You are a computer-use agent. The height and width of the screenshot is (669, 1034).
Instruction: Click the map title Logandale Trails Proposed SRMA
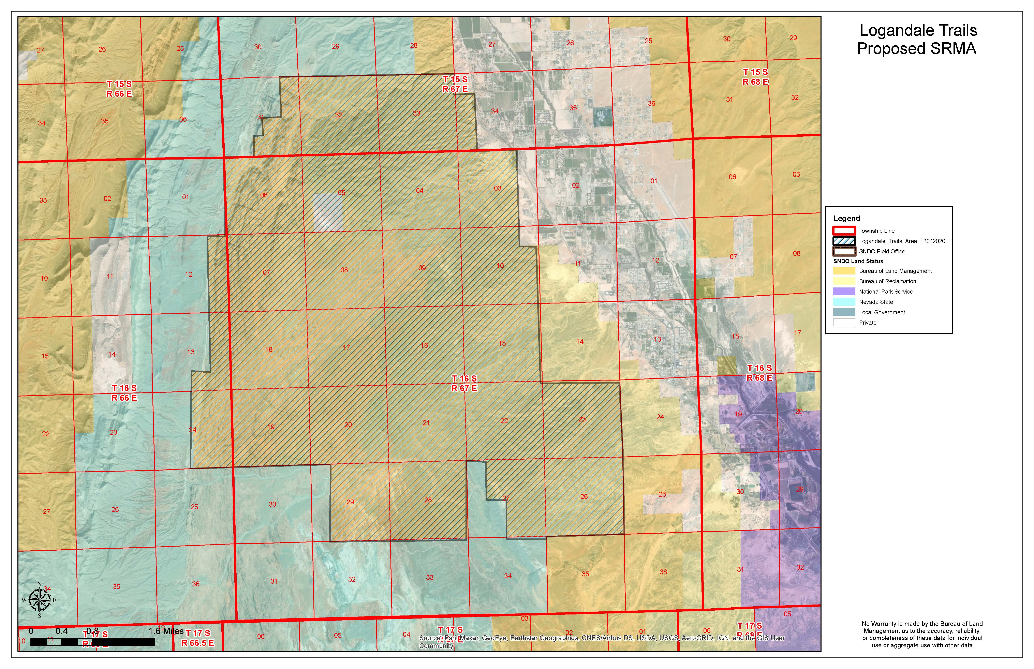(x=918, y=40)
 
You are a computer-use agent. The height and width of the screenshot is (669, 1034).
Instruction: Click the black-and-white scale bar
(x=92, y=642)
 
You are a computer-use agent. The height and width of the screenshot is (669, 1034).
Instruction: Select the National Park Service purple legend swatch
(x=844, y=292)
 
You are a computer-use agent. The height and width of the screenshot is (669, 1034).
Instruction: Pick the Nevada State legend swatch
(x=844, y=302)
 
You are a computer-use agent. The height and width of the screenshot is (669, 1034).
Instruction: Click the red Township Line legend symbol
(x=844, y=231)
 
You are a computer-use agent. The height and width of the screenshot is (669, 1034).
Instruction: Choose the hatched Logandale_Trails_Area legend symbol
(x=844, y=241)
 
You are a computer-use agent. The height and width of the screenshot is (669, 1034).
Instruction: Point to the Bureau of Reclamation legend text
(x=887, y=281)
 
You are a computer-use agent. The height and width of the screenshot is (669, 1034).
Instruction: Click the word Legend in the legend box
(x=846, y=219)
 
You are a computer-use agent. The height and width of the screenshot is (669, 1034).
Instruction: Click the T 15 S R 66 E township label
(x=119, y=89)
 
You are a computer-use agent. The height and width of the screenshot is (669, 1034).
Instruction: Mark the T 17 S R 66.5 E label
(x=198, y=638)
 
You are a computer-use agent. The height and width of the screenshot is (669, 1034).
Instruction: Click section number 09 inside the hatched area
(x=422, y=268)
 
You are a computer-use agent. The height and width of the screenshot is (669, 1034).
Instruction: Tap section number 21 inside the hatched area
(x=426, y=423)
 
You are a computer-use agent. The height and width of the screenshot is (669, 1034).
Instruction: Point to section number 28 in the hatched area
(x=428, y=500)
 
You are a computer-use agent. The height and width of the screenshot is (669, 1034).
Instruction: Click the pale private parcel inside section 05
(x=328, y=212)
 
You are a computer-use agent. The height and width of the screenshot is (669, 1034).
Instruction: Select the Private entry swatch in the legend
(x=844, y=322)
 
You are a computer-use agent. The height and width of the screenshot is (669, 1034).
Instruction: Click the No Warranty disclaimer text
(x=922, y=635)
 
